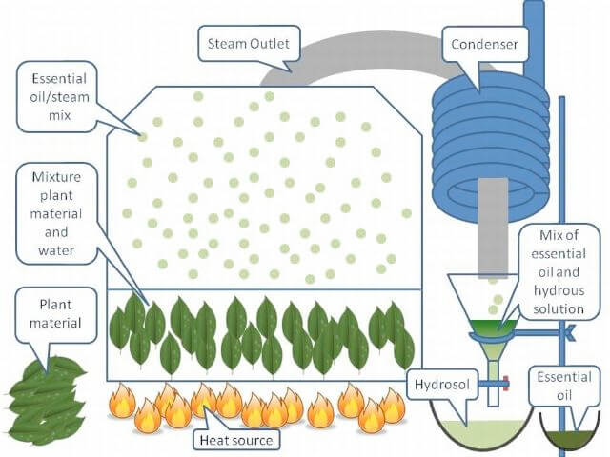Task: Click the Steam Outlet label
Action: (x=250, y=43)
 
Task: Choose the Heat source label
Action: (x=234, y=440)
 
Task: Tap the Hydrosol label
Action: (x=440, y=386)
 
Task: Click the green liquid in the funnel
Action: (x=490, y=326)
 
